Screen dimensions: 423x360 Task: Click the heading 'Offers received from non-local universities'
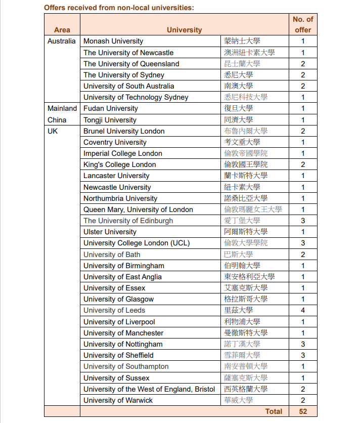coord(119,8)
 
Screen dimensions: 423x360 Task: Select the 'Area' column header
coord(62,30)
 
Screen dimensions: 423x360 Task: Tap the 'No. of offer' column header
coord(303,24)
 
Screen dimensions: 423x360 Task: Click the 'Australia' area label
coord(62,41)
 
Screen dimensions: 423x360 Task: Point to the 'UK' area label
coord(53,131)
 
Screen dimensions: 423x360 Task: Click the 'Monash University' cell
coord(113,41)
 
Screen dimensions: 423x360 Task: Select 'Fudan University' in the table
coord(111,108)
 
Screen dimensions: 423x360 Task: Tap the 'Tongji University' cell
coord(110,120)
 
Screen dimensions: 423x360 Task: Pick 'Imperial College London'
coord(123,153)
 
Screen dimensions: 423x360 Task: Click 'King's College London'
coord(120,164)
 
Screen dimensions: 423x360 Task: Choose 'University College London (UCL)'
coord(137,243)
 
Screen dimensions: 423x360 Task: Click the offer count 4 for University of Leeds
coord(303,310)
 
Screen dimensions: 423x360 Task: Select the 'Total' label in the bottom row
coord(274,411)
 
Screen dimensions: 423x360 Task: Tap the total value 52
coord(303,411)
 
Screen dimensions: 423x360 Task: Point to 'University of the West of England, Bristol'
coord(149,389)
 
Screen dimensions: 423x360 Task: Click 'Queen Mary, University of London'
coord(138,209)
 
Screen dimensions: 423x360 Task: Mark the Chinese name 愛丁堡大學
coord(242,221)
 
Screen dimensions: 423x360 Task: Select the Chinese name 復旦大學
coord(239,108)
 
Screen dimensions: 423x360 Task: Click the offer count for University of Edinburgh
coord(303,221)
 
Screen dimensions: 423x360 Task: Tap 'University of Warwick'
coord(118,400)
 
